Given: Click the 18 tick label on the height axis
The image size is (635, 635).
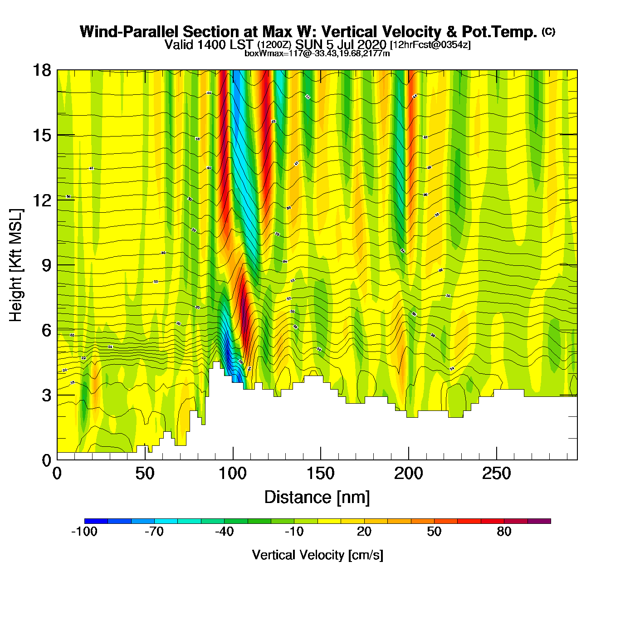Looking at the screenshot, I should (x=41, y=70).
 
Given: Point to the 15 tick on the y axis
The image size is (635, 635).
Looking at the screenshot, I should (x=41, y=135).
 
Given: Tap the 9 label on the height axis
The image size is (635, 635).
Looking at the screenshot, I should (x=46, y=265).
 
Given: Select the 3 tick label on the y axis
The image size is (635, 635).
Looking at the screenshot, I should (x=46, y=395).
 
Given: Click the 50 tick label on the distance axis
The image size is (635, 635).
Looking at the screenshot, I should (x=145, y=474).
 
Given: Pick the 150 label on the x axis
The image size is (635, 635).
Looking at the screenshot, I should (x=321, y=474).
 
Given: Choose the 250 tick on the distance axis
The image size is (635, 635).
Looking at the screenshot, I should (x=496, y=474).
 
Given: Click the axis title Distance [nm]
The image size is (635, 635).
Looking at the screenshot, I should (x=317, y=498).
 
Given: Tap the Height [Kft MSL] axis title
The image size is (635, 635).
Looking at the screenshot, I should (x=16, y=265).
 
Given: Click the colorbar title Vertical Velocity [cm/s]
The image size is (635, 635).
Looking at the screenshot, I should (x=317, y=555).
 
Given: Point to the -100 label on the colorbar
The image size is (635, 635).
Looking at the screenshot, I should (x=84, y=532).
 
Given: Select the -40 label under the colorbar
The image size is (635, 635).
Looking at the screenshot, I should (x=224, y=532).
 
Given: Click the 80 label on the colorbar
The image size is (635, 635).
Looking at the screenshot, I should (x=504, y=532).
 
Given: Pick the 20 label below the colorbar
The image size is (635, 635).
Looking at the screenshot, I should (x=364, y=532).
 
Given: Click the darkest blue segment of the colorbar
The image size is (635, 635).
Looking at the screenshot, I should (x=96, y=521).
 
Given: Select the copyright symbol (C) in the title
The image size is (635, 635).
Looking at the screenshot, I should (x=548, y=31).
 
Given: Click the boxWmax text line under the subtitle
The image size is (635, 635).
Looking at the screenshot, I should (x=317, y=54).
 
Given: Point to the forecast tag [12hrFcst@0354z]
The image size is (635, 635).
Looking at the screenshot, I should (x=430, y=45).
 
